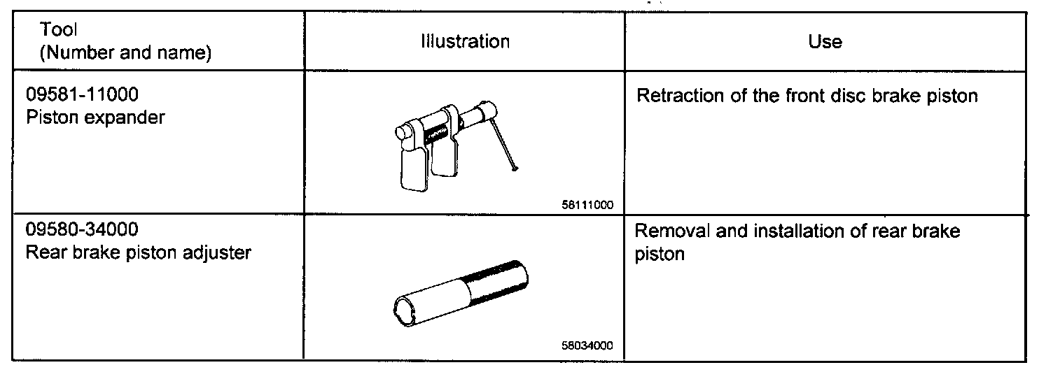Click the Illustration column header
pyautogui.click(x=464, y=41)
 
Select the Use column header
pyautogui.click(x=825, y=41)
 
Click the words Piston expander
pyautogui.click(x=95, y=117)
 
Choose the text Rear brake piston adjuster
pyautogui.click(x=138, y=252)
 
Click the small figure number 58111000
pyautogui.click(x=587, y=206)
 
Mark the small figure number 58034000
pyautogui.click(x=587, y=345)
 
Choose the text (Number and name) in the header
pyautogui.click(x=126, y=53)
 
